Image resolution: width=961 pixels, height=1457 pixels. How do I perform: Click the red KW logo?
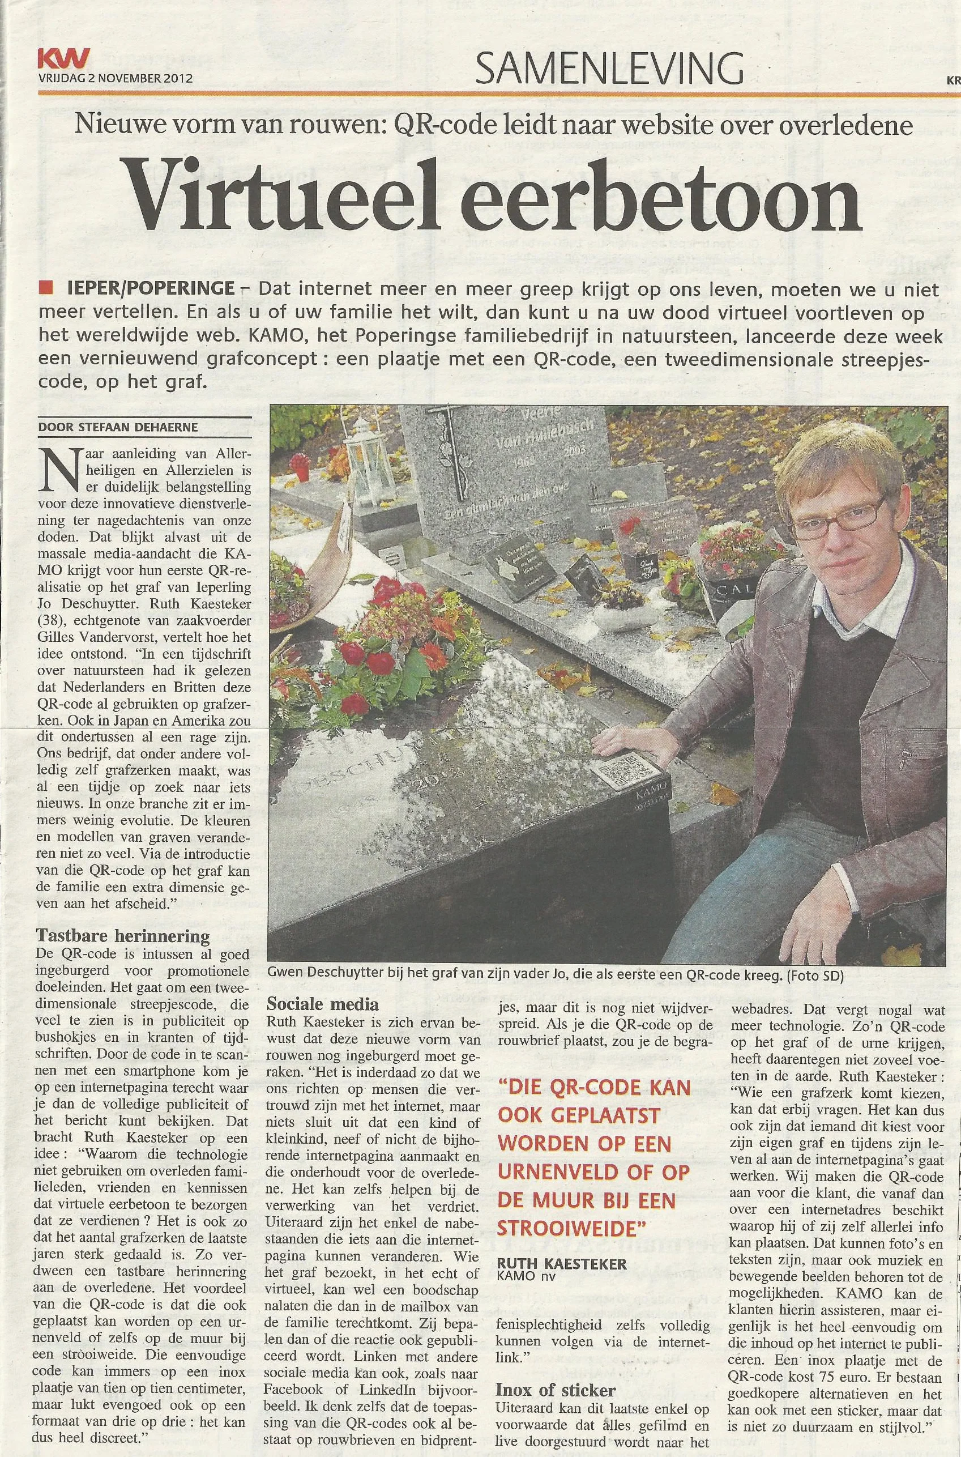63,59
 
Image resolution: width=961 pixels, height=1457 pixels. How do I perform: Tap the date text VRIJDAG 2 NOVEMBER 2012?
115,79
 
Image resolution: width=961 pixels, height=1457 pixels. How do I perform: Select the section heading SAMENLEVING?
609,67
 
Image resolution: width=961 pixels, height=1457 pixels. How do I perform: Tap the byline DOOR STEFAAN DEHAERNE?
118,427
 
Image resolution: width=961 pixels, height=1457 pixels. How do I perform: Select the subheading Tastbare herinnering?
122,936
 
